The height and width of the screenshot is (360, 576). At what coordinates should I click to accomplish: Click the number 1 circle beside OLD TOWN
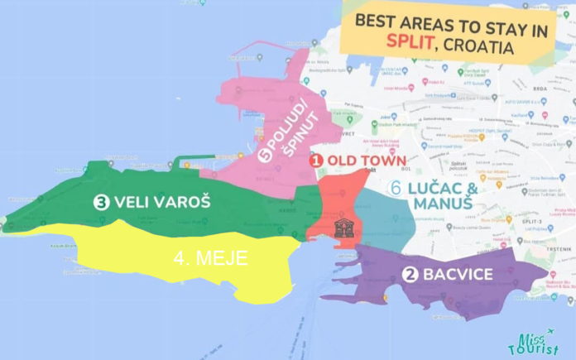(316, 161)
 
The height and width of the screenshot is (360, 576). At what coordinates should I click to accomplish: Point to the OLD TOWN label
(367, 161)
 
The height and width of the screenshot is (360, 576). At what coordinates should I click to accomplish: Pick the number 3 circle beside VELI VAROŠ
(101, 202)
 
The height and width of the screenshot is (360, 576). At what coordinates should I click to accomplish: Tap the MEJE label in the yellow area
(212, 258)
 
